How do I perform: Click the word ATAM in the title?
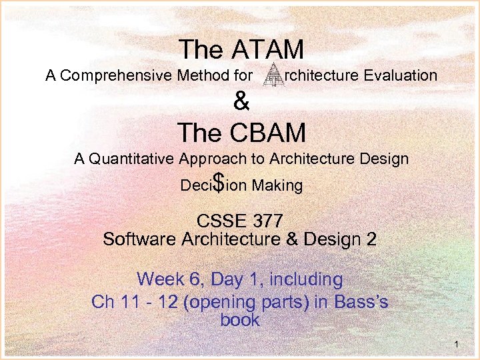pos(270,49)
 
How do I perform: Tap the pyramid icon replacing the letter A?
pos(273,75)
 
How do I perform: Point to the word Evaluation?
pos(401,75)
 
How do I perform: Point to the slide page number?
pos(455,345)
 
